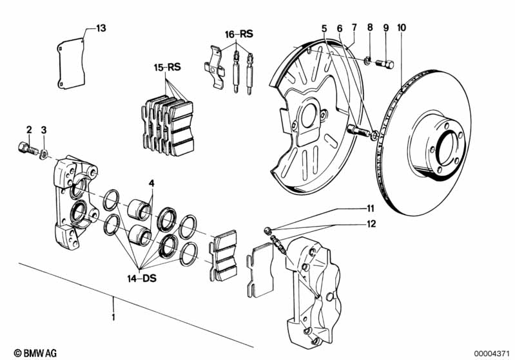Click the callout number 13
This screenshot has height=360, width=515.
pyautogui.click(x=101, y=28)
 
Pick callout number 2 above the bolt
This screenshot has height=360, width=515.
pyautogui.click(x=29, y=130)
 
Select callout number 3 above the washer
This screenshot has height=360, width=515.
pyautogui.click(x=44, y=130)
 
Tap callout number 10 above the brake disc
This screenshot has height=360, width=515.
pyautogui.click(x=402, y=28)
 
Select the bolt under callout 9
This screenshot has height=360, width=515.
pyautogui.click(x=386, y=63)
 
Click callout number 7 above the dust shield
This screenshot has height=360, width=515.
pyautogui.click(x=354, y=28)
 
